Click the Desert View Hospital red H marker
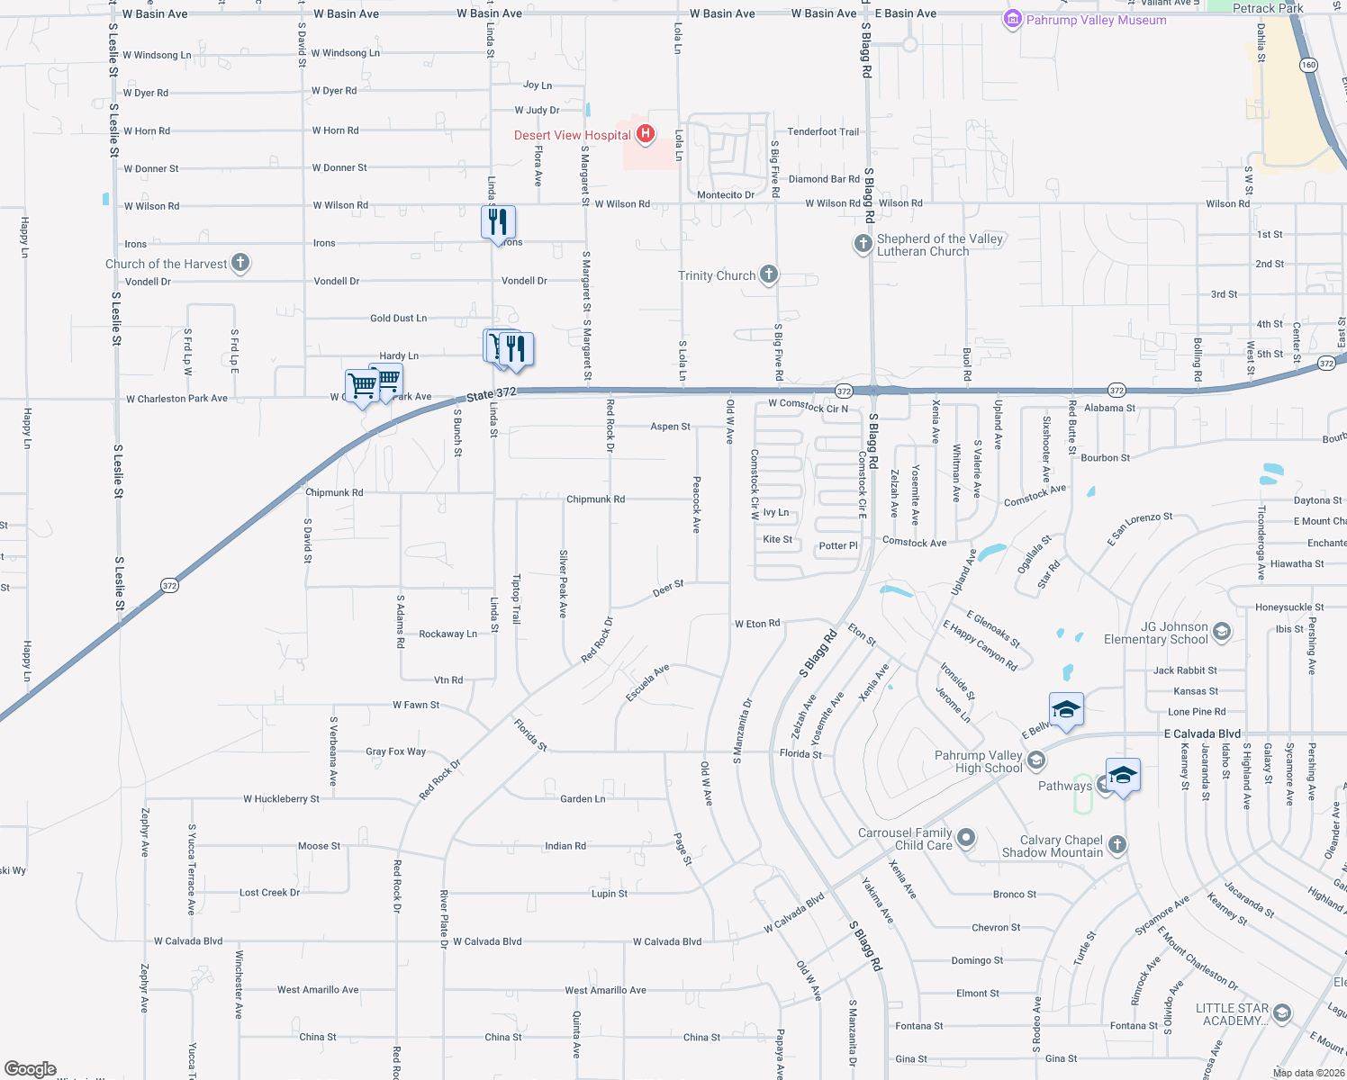[x=645, y=135]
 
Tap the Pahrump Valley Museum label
[x=1096, y=20]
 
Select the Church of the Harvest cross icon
[x=240, y=263]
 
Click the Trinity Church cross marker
[x=768, y=274]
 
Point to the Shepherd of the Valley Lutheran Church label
[x=939, y=245]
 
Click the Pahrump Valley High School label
[x=979, y=761]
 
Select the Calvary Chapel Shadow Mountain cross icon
[x=1117, y=844]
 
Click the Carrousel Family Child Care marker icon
[x=966, y=838]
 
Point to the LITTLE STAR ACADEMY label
[x=1232, y=1014]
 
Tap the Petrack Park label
[x=1268, y=8]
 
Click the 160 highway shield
[x=1308, y=65]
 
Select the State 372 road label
[x=492, y=394]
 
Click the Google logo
[x=30, y=1068]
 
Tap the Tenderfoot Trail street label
[x=823, y=131]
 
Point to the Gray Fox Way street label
[x=395, y=751]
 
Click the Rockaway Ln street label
[x=447, y=634]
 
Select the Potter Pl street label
[x=838, y=545]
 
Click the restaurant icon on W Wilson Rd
[x=498, y=221]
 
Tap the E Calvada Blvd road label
[x=1202, y=733]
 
